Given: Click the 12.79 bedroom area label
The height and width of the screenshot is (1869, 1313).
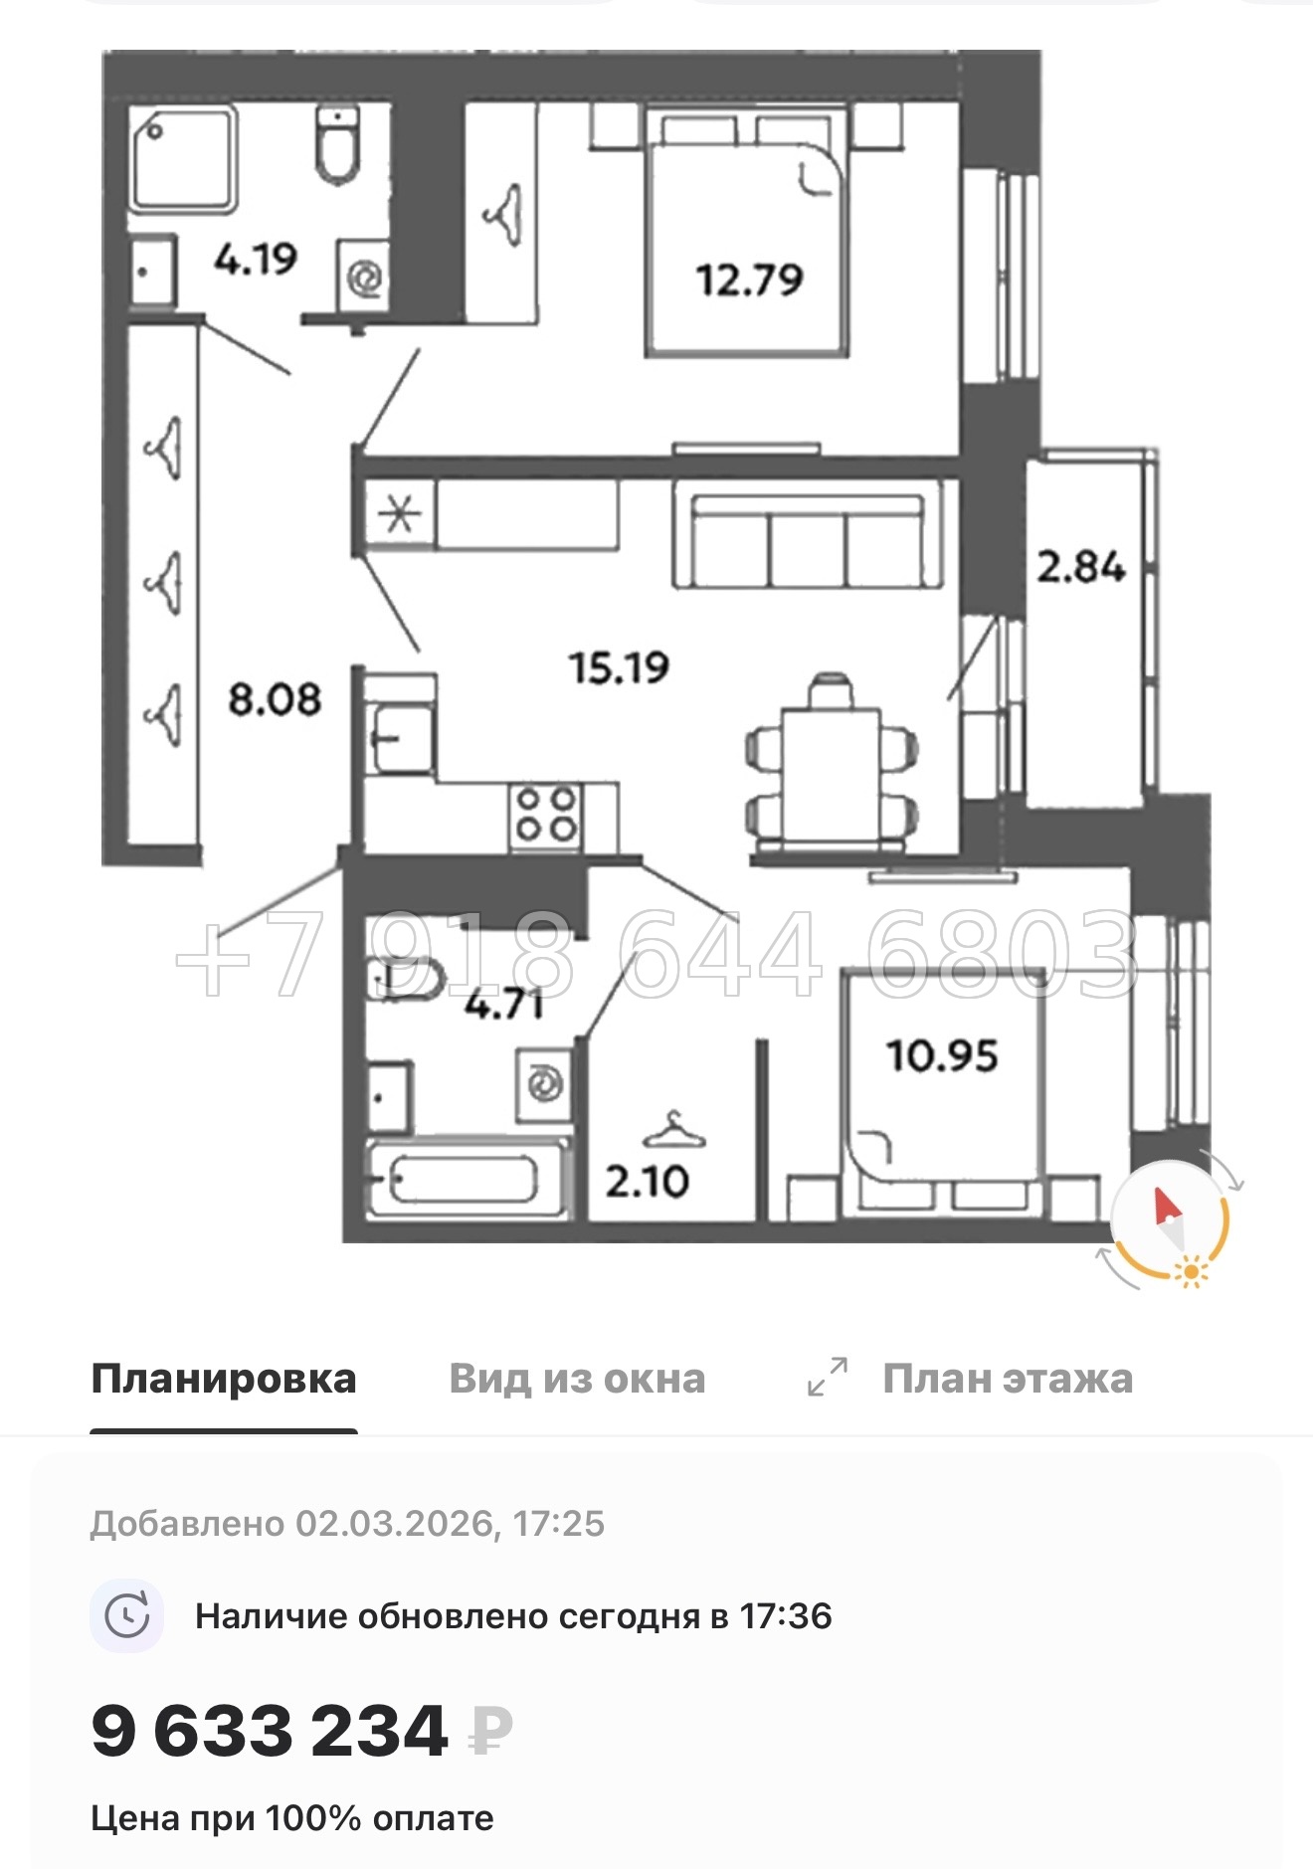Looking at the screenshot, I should click(x=749, y=280).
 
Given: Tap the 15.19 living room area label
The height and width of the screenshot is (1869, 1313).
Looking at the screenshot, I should click(x=619, y=666).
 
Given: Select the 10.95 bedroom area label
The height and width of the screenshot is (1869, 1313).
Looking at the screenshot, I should click(x=941, y=1055).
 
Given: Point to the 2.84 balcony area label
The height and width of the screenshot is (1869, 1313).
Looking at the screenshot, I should click(x=1080, y=567).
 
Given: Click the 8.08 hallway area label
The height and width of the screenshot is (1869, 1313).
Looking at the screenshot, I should click(x=275, y=699).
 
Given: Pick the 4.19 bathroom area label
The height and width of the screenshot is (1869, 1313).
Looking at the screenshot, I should click(x=256, y=260).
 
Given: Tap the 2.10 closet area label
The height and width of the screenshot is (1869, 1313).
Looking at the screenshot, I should click(x=647, y=1182).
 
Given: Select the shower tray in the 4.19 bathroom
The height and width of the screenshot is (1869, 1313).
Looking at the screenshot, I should click(x=183, y=159).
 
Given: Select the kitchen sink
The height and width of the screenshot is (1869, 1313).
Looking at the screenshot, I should click(x=401, y=738).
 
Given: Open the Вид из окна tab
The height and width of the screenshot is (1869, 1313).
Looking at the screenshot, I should click(x=577, y=1379).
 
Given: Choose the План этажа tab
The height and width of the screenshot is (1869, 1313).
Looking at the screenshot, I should click(x=1007, y=1379).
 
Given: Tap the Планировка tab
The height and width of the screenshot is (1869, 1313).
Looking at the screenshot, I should click(x=224, y=1379).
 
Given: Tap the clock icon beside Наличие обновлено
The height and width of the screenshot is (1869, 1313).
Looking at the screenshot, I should click(x=127, y=1616).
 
